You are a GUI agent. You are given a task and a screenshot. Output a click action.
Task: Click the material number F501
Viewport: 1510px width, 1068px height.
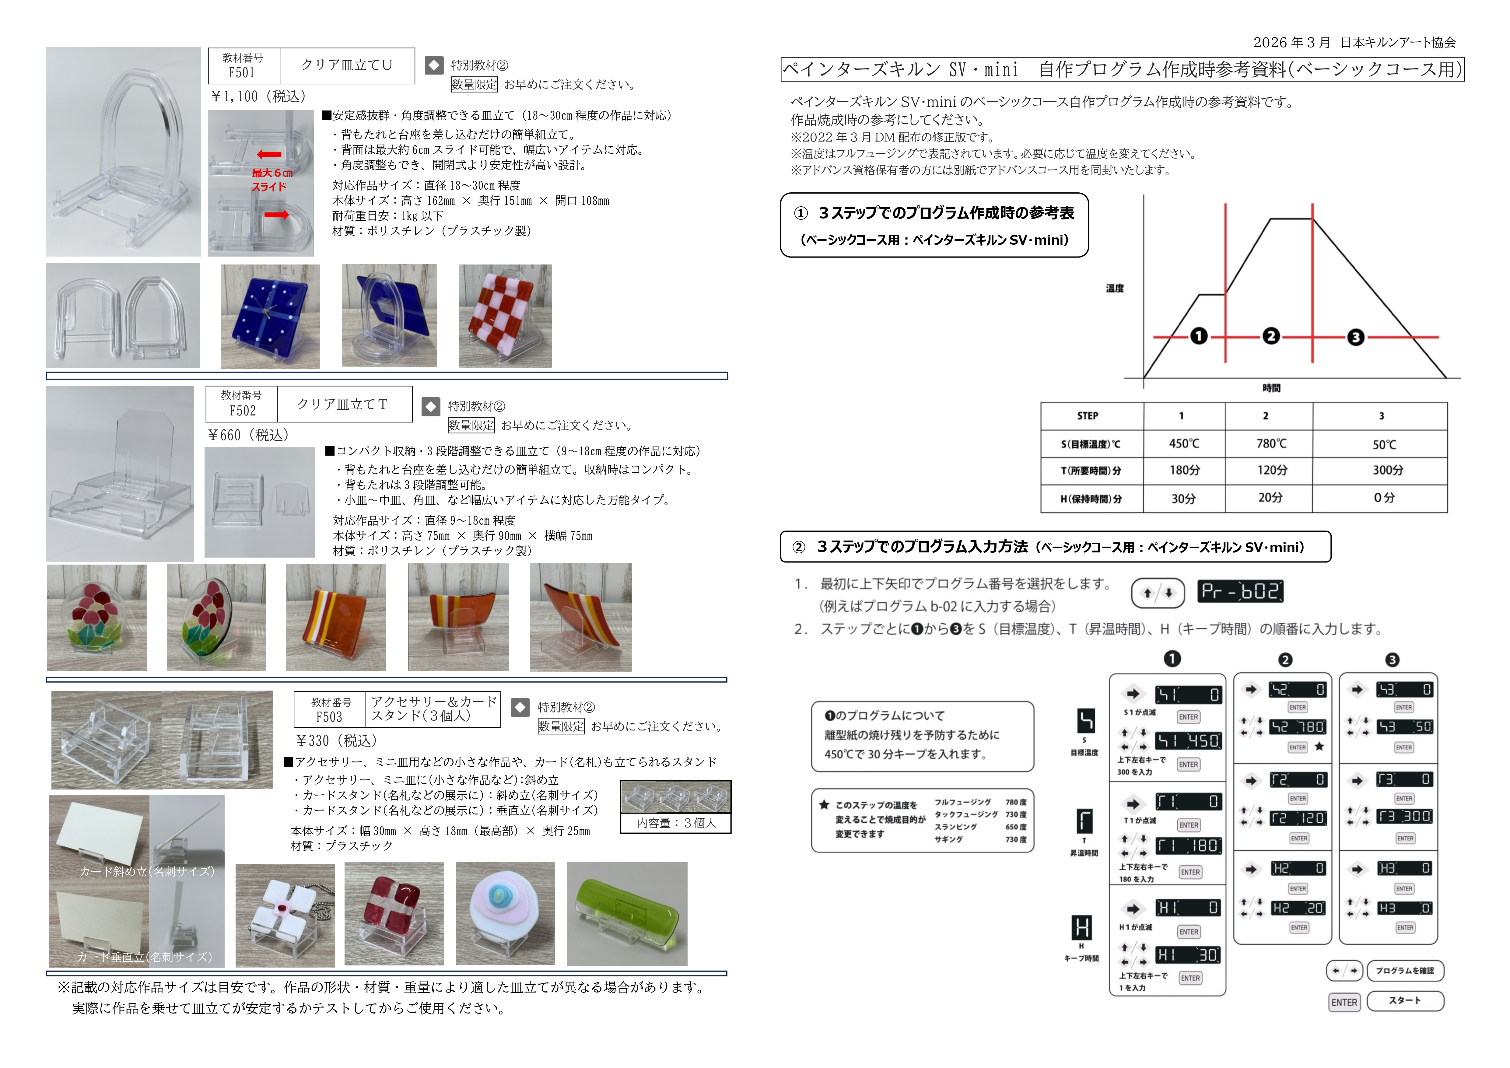(242, 72)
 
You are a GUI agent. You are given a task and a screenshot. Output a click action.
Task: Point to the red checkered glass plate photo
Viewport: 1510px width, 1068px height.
(505, 316)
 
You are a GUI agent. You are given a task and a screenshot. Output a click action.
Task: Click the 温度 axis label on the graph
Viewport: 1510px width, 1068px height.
(1115, 288)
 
